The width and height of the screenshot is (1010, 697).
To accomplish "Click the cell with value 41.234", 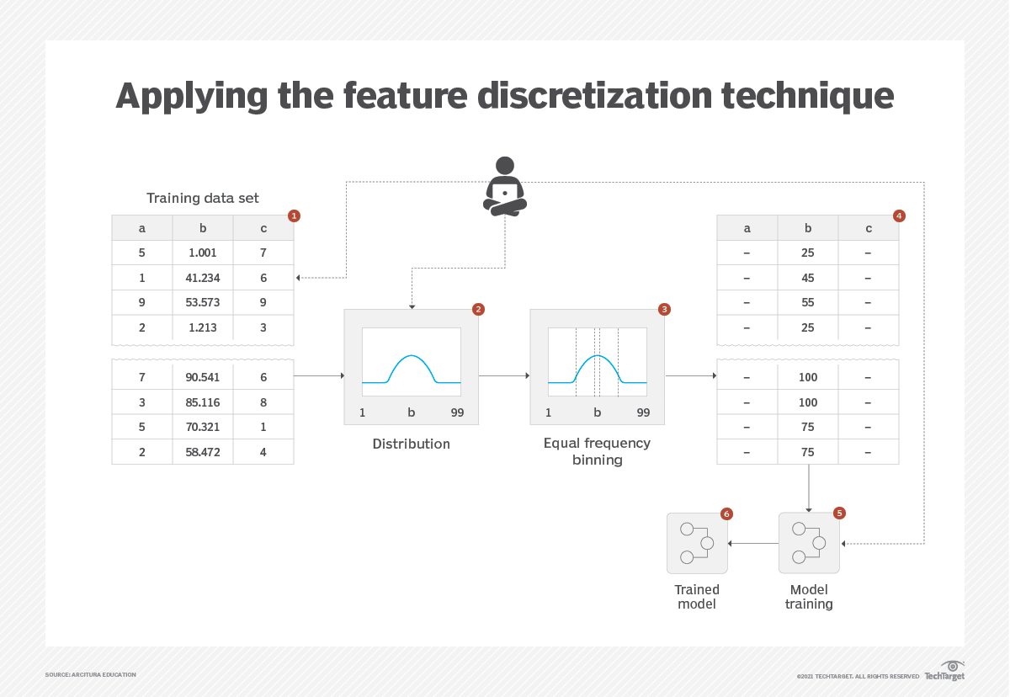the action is (203, 278).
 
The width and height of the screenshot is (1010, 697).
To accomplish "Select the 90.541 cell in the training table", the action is (203, 377).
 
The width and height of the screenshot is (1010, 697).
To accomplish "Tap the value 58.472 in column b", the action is (203, 452).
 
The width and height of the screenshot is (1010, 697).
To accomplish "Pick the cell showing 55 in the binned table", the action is (807, 302).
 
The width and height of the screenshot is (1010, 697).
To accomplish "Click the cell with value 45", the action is (807, 278).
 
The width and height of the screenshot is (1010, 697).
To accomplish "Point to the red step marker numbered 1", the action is (294, 216).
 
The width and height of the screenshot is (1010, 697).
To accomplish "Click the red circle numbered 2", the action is (478, 309).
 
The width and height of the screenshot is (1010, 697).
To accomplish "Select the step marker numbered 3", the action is (664, 309).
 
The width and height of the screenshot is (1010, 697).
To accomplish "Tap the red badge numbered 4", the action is (899, 216).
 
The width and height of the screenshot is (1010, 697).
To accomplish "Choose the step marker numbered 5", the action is (839, 513).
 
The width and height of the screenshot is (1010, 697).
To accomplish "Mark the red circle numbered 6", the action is (726, 514).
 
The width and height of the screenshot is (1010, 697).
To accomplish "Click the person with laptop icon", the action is (505, 186).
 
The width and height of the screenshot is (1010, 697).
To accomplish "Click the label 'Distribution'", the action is (412, 444).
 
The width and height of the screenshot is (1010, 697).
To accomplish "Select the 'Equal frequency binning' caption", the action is (597, 451).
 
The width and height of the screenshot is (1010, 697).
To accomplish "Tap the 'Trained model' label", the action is (697, 597).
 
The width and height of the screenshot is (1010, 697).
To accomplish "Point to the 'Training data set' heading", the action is (203, 198).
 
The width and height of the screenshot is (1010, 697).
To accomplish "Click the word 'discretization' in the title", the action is (594, 95).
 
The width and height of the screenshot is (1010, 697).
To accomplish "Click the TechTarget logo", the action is (945, 670).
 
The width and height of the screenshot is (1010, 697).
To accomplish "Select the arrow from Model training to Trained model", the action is (753, 543).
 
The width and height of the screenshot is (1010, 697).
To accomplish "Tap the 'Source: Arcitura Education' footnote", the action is (91, 675).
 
